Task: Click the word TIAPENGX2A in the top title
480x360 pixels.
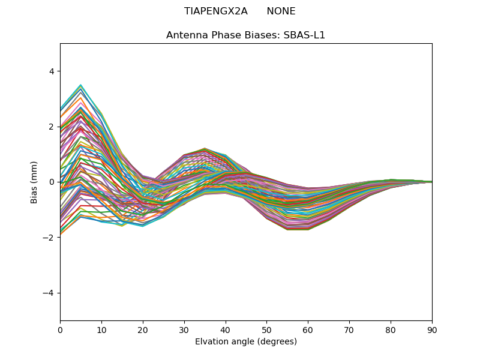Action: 215,11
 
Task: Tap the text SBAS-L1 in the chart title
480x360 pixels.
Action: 306,35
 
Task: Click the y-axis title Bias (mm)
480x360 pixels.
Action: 34,182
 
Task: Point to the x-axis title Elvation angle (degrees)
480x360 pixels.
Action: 246,342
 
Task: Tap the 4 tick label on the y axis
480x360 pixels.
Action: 51,71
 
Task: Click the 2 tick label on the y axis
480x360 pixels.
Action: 51,127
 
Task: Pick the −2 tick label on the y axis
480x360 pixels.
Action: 49,238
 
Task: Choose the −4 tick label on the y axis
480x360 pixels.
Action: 49,293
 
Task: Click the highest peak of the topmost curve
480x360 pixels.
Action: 80,85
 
